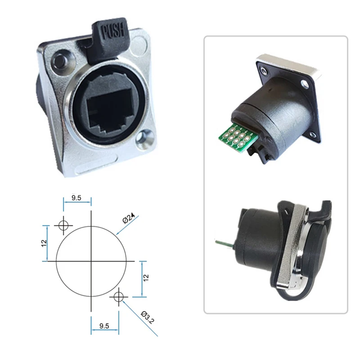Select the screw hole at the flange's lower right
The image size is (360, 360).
144,138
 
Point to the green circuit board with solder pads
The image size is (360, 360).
239,138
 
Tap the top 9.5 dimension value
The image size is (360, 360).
76,198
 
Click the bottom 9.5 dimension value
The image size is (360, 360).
104,326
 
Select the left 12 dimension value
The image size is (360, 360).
44,243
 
